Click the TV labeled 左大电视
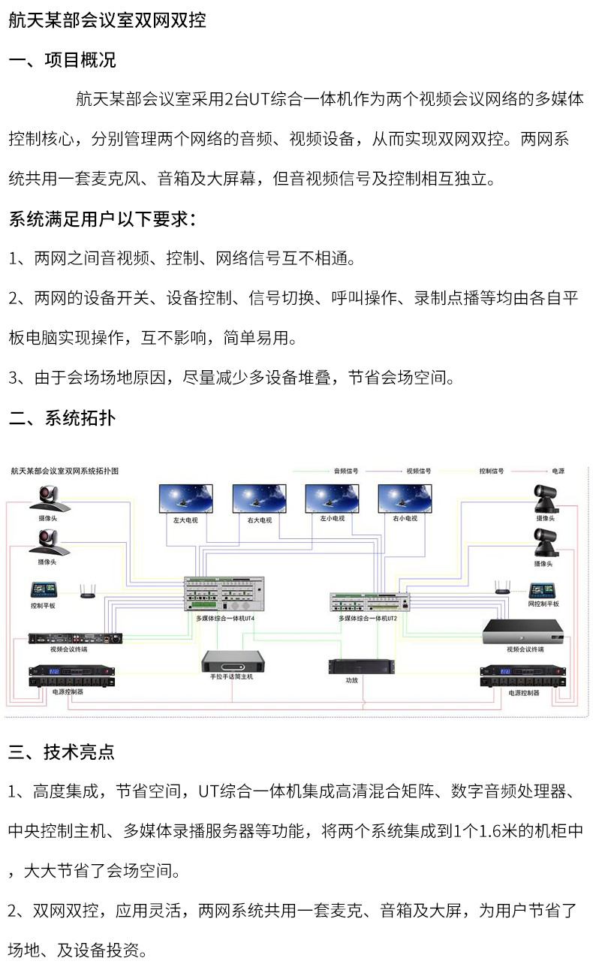[x=185, y=499]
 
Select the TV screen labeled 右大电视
[x=259, y=499]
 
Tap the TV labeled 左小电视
[x=332, y=499]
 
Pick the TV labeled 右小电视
[x=405, y=499]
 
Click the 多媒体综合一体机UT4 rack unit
[x=224, y=595]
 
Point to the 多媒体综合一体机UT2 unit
[x=371, y=601]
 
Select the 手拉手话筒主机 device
[x=233, y=661]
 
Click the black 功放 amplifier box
[x=362, y=666]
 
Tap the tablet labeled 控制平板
[x=43, y=590]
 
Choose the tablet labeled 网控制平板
[x=543, y=590]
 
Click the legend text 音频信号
[x=346, y=471]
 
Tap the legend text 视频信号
[x=419, y=471]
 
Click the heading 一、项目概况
[x=62, y=60]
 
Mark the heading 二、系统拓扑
[x=62, y=418]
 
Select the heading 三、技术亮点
[x=62, y=752]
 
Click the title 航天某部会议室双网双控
[x=107, y=21]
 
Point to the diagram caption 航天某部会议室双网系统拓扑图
[x=65, y=471]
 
